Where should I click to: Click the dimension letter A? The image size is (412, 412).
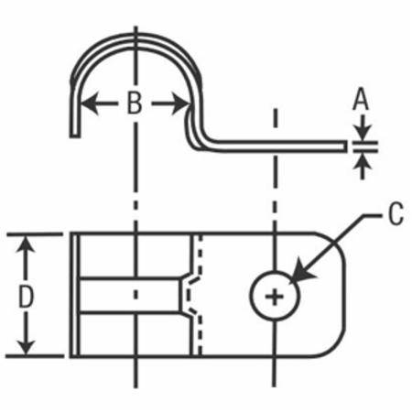[x=361, y=99]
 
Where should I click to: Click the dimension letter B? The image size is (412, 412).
[x=135, y=103]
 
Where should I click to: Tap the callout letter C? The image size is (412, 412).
[x=396, y=213]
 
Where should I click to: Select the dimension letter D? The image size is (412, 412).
[x=26, y=296]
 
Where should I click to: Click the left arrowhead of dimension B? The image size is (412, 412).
[x=90, y=103]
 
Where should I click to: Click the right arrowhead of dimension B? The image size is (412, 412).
[x=180, y=103]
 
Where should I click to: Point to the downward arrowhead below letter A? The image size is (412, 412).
[x=363, y=131]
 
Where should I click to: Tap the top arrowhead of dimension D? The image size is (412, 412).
[x=26, y=244]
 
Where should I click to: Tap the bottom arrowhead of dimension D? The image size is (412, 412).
[x=26, y=346]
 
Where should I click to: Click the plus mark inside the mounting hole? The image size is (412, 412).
[x=275, y=296]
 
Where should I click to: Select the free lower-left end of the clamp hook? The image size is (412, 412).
[x=75, y=136]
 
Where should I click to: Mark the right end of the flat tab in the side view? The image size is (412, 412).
[x=345, y=146]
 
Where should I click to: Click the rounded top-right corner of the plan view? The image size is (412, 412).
[x=334, y=243]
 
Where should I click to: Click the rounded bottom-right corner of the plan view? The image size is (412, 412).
[x=335, y=347]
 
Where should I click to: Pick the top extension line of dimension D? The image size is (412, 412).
[x=35, y=234]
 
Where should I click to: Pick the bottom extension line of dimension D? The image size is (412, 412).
[x=35, y=356]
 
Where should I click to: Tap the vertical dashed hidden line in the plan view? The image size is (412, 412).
[x=200, y=295]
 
